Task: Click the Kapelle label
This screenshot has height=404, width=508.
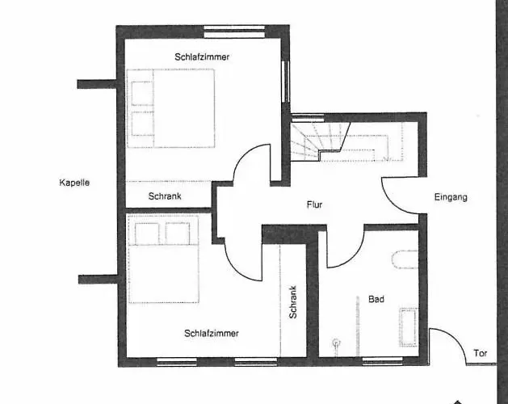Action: click(74, 183)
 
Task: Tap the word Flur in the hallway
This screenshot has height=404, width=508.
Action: click(314, 204)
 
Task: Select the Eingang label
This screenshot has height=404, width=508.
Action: click(451, 197)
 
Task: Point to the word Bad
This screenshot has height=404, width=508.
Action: click(376, 299)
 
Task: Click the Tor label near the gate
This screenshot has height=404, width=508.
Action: click(481, 353)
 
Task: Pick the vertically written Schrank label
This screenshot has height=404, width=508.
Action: click(293, 302)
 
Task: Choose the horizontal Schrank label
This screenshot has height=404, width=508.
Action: click(165, 196)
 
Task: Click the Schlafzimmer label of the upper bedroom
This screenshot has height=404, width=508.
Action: click(202, 57)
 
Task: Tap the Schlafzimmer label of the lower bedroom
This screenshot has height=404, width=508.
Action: click(212, 334)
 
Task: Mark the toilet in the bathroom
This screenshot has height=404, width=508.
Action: click(405, 259)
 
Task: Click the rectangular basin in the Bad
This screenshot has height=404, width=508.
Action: click(408, 327)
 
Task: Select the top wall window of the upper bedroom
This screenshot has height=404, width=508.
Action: click(234, 32)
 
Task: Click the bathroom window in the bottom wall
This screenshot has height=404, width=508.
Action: click(382, 361)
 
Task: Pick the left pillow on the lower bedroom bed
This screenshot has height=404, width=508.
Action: click(147, 234)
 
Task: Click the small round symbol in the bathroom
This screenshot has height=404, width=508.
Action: click(336, 342)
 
